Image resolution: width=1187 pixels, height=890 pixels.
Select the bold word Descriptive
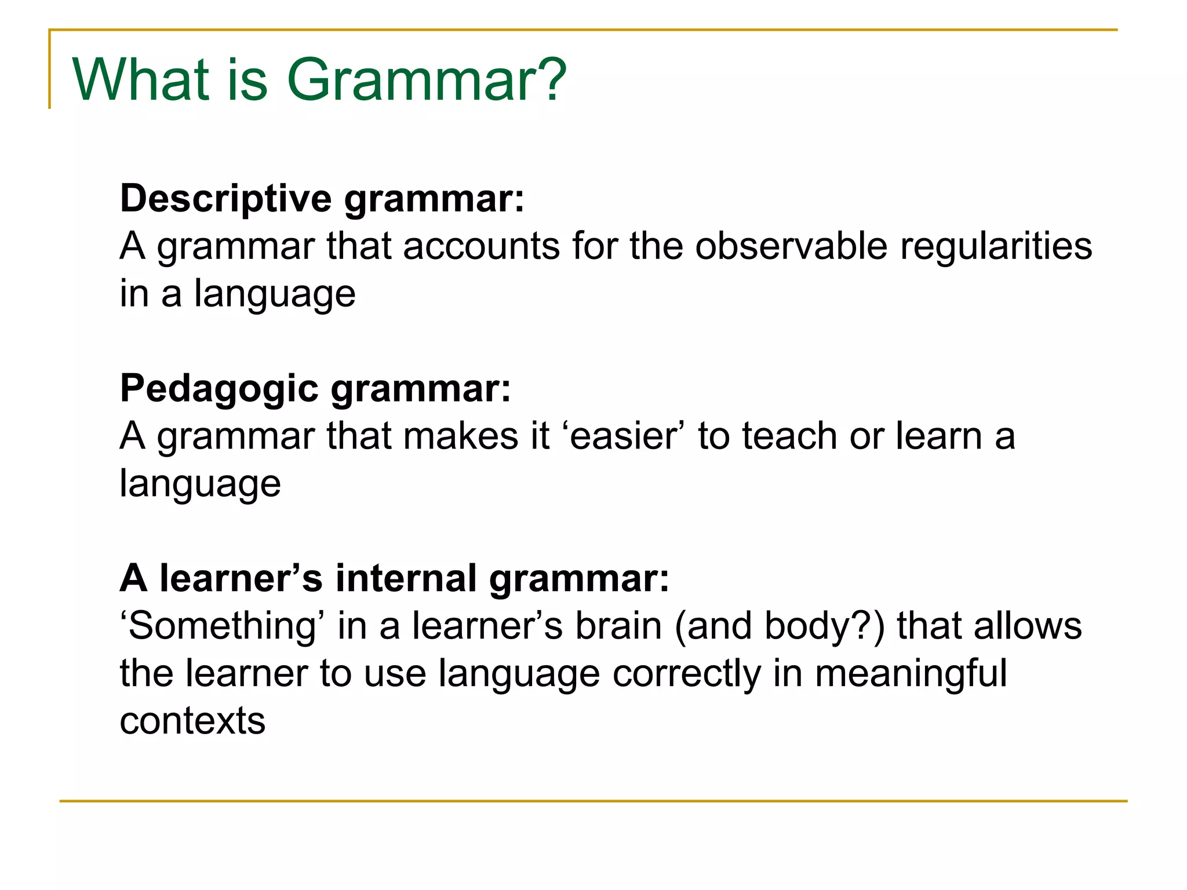(x=226, y=199)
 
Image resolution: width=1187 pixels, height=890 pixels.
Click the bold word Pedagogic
(x=219, y=388)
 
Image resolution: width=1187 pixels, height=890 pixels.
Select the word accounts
(x=481, y=246)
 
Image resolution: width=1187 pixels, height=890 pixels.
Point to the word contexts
(x=192, y=721)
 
